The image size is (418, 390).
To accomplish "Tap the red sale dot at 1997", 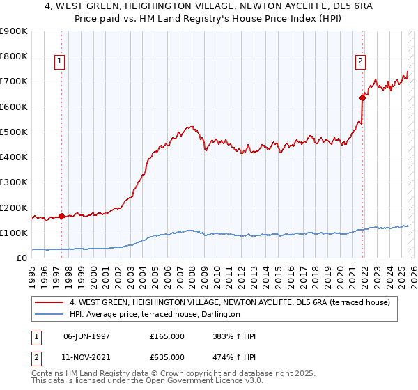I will coord(62,216).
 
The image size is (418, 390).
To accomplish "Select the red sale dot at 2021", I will coord(363,97).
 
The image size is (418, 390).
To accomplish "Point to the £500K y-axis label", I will coord(13,132).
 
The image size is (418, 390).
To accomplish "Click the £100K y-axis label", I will coord(13,233).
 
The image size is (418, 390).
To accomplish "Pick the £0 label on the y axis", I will coord(21,258).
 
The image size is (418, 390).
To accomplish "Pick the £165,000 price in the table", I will coord(167,336).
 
